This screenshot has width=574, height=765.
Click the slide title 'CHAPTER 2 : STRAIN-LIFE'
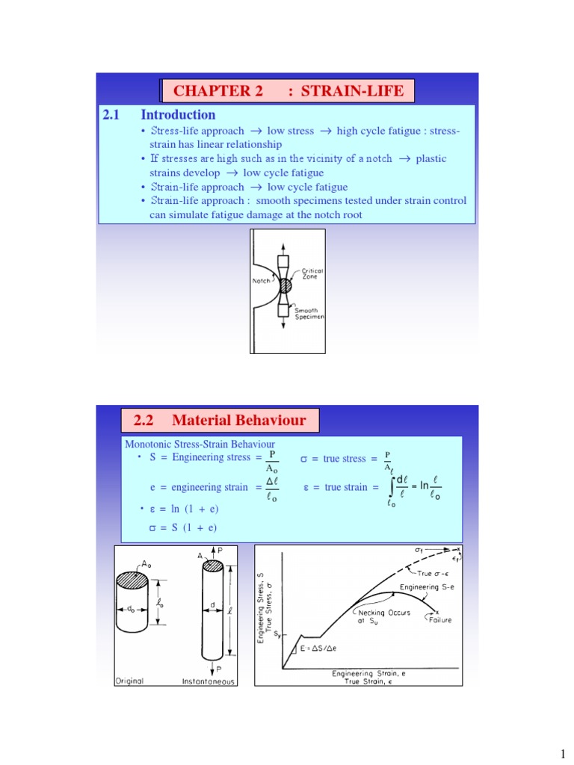pos(288,91)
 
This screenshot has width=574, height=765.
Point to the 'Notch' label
pos(262,282)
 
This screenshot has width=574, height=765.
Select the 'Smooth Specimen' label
pos(309,314)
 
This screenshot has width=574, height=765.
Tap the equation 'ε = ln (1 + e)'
pos(183,509)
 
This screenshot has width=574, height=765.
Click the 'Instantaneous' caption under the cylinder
pos(209,681)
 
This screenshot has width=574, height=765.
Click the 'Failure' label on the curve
pos(440,619)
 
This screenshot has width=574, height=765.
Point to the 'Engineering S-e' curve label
pos(425,587)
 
